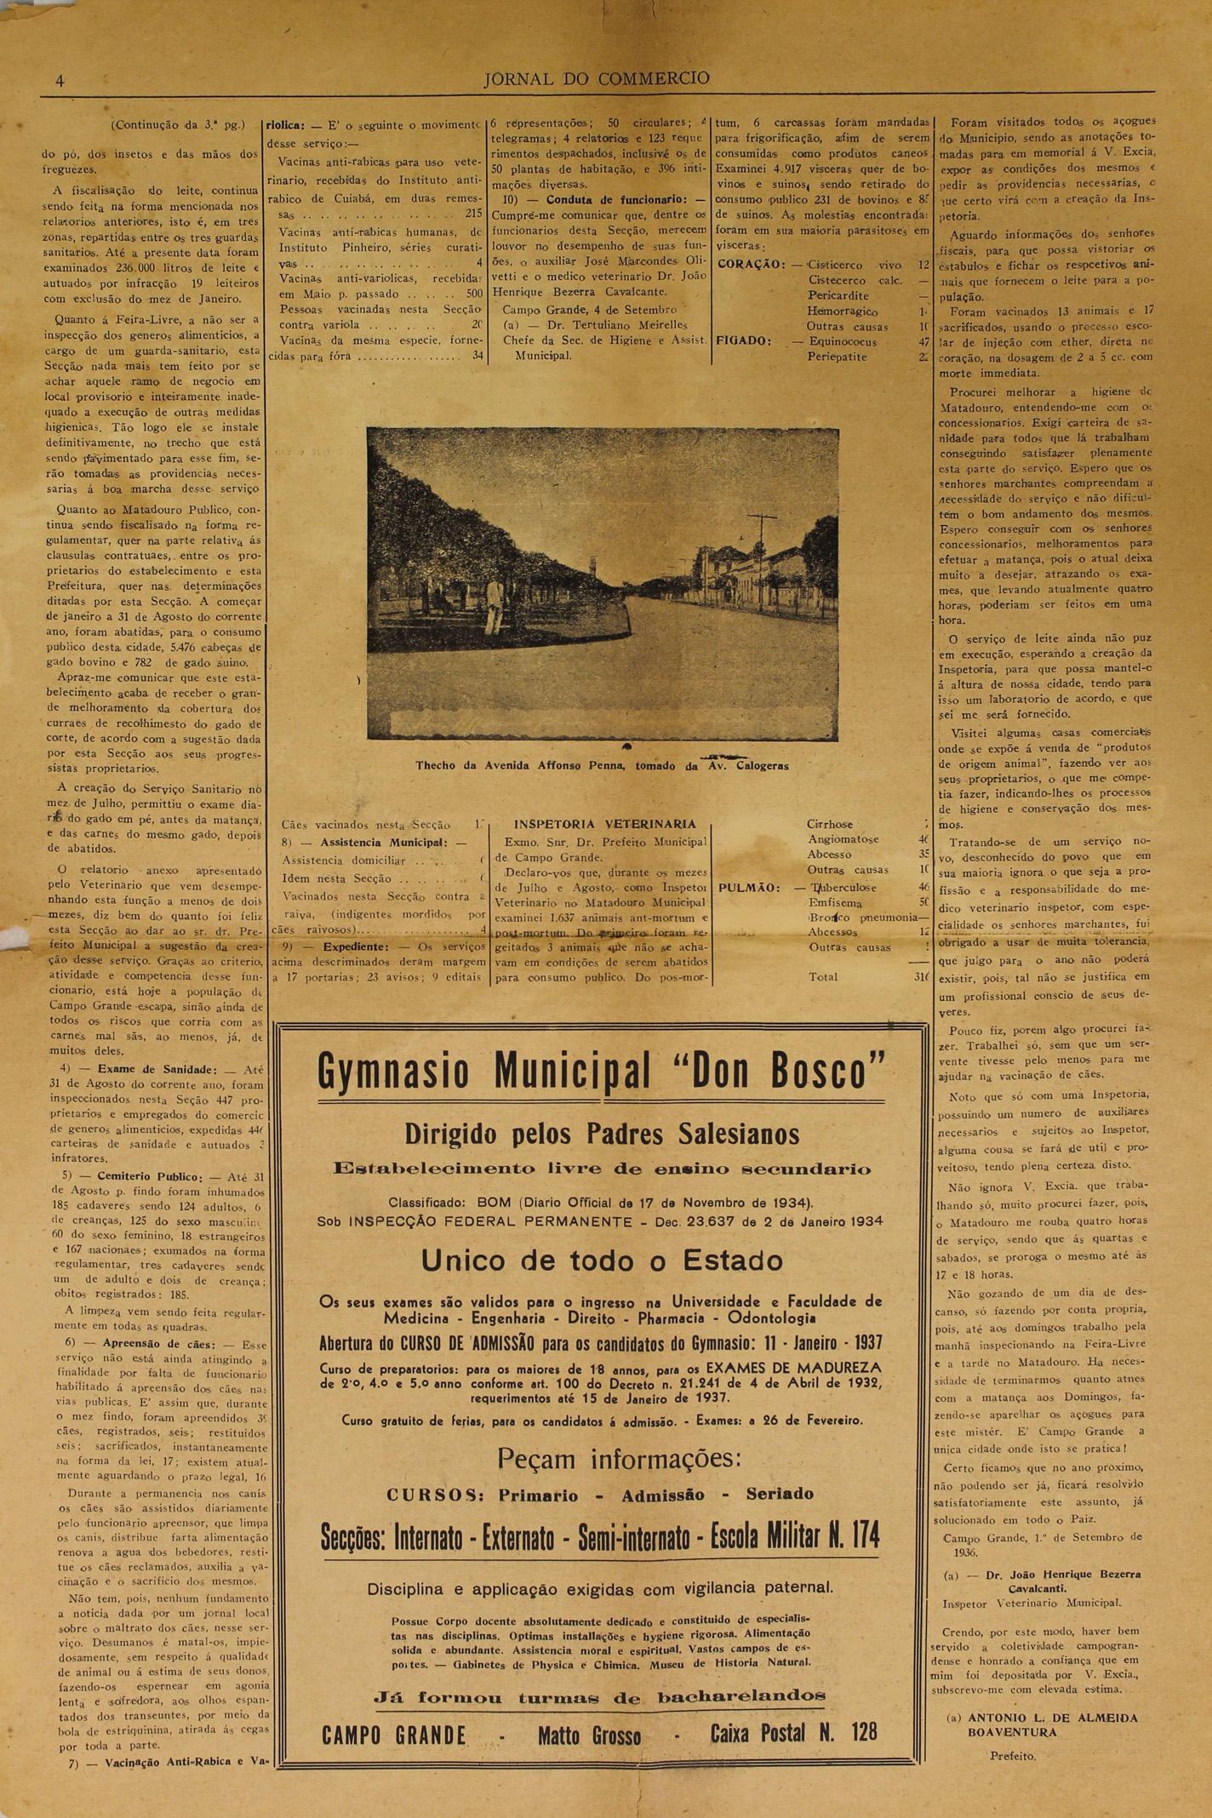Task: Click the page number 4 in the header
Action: coord(60,82)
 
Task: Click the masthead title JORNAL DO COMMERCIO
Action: coord(596,79)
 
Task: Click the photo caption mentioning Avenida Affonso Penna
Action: coord(602,765)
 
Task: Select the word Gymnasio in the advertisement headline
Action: coord(392,1072)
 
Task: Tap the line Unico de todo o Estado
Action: coord(601,1260)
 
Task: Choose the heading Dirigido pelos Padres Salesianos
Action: coord(601,1135)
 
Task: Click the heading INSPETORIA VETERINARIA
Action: coord(605,824)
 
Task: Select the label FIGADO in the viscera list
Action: coord(744,341)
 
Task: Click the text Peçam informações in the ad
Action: coord(619,1459)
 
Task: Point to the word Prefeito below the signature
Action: coord(1013,1755)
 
